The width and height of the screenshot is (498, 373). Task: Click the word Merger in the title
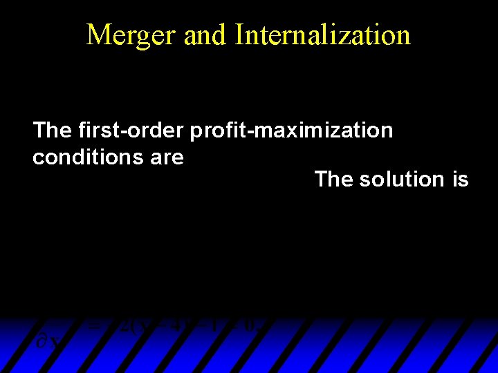click(x=131, y=35)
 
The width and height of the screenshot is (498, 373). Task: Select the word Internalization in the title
click(x=322, y=35)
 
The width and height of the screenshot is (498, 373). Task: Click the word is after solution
click(x=459, y=180)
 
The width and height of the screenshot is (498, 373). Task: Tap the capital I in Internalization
click(x=239, y=35)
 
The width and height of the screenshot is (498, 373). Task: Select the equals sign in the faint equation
click(x=96, y=325)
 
